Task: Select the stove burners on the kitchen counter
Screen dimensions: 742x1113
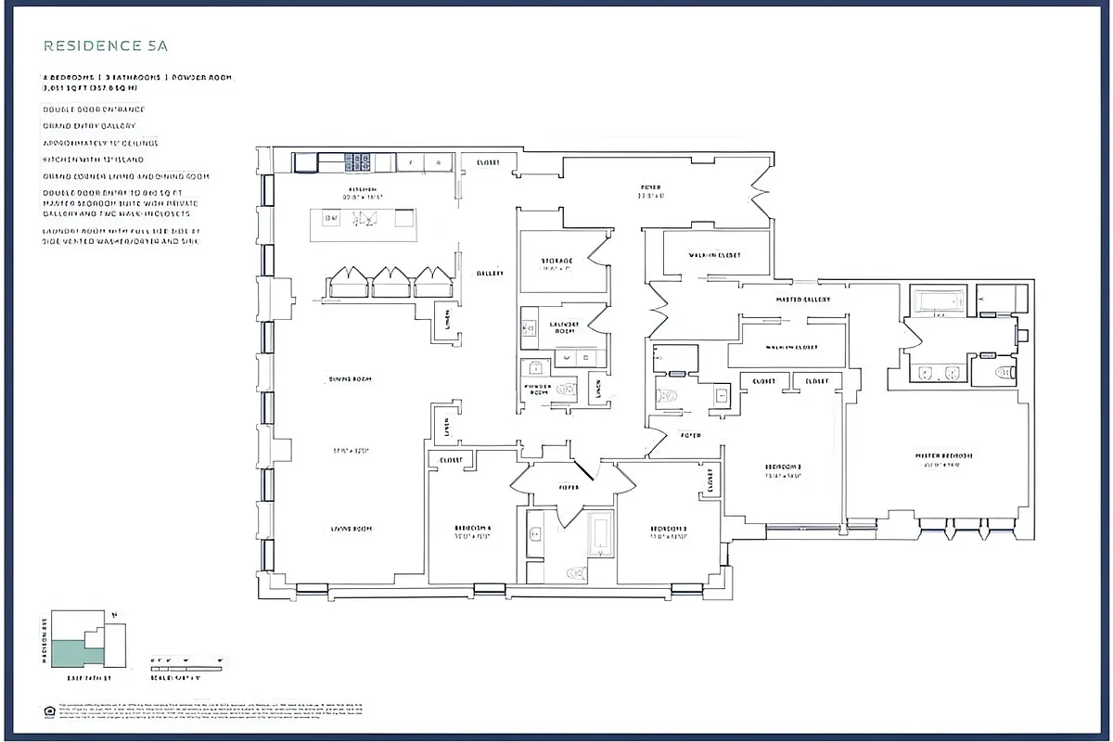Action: tap(358, 162)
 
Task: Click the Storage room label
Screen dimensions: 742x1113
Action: tap(557, 261)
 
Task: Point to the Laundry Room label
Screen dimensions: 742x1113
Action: tap(564, 326)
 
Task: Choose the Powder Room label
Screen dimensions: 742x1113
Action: tap(538, 389)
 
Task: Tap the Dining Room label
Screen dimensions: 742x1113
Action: tap(350, 379)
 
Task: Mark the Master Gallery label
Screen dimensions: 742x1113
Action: tap(802, 300)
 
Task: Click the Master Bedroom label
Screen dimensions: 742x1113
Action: tap(944, 456)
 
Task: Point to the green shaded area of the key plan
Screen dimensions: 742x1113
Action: tap(69, 653)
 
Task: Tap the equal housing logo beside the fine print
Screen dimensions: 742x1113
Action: tap(48, 710)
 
